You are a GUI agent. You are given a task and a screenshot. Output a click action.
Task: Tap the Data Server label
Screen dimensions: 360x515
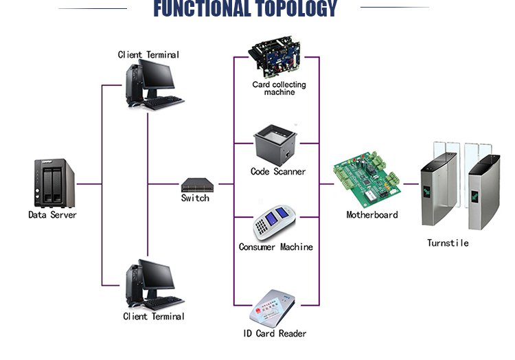tap(52, 214)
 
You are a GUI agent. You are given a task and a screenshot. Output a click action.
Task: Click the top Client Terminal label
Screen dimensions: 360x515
tap(148, 54)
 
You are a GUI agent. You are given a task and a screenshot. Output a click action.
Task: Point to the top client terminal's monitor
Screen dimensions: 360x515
tap(159, 78)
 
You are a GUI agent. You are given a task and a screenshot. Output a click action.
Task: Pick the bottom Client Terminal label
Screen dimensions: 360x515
tap(154, 317)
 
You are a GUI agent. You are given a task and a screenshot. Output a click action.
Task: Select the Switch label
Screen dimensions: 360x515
tap(195, 199)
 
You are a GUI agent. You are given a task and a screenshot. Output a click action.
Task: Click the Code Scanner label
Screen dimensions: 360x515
tap(278, 172)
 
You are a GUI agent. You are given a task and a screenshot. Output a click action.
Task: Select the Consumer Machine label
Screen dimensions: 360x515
tap(275, 247)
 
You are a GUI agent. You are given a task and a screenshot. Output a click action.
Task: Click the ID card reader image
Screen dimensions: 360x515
tap(273, 308)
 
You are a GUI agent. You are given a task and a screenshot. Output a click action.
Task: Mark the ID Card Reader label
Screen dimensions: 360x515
tap(274, 333)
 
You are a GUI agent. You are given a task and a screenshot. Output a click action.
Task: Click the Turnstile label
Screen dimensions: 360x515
tap(448, 243)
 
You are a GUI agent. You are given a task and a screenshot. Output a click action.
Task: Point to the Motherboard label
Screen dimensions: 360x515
tap(371, 214)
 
